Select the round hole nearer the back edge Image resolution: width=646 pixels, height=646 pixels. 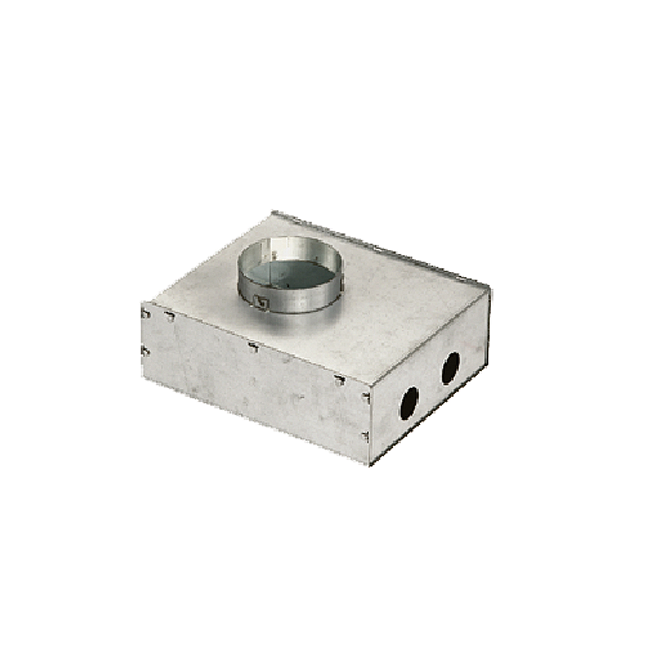point(451,368)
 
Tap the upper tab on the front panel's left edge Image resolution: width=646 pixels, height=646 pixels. point(145,314)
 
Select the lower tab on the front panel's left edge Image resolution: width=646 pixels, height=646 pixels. point(145,351)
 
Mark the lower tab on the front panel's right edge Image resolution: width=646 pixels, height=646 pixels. point(366,436)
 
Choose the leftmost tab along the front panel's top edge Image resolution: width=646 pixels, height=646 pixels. point(170,315)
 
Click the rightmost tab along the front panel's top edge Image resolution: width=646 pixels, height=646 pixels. point(339,380)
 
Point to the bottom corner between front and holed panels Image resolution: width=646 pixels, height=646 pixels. point(369,465)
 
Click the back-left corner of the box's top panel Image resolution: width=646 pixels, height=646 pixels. point(273,211)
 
